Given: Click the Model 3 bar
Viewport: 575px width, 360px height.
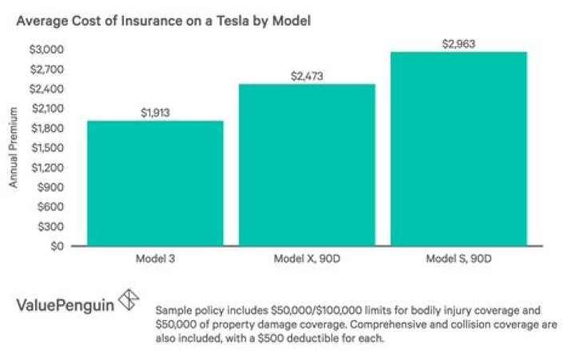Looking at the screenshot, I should [x=155, y=184].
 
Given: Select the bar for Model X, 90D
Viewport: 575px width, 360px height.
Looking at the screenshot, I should [x=307, y=165].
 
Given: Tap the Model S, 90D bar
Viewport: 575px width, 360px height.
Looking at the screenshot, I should [x=458, y=149].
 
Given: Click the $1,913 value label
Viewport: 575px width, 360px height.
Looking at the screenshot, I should [x=155, y=113].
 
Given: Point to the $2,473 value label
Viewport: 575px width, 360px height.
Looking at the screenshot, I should [x=307, y=76].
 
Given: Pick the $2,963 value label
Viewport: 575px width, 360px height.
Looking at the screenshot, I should [x=458, y=43].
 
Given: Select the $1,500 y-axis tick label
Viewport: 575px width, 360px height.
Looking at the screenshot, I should [x=48, y=148].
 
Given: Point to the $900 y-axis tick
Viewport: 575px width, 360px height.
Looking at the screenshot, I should [x=51, y=188].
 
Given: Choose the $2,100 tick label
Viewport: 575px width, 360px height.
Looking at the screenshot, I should [x=48, y=109].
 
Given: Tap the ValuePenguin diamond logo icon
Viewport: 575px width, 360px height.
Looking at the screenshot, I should [x=128, y=303].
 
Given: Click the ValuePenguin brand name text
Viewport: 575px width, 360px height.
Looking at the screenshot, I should [x=64, y=305].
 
